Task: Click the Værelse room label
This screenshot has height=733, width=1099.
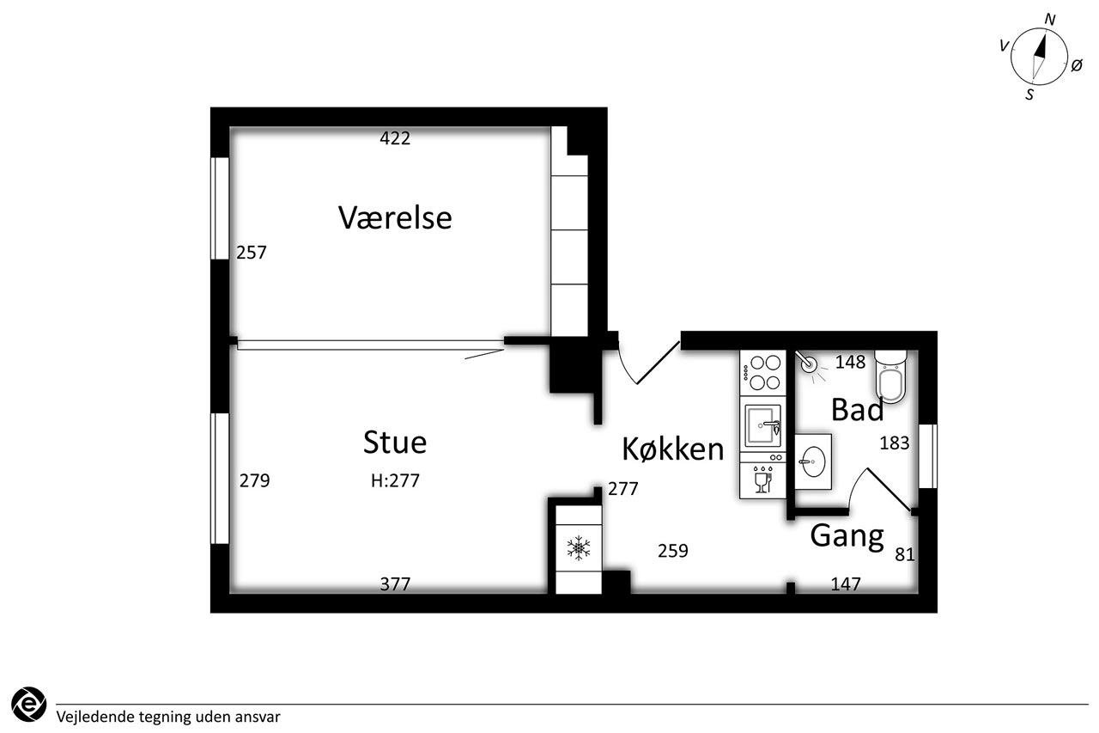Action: click(x=395, y=217)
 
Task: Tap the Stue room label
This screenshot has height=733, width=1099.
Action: click(x=395, y=443)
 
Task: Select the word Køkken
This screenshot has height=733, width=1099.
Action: click(x=673, y=449)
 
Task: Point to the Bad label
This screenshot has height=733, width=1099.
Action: click(x=857, y=411)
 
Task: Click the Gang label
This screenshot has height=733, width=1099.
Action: click(x=847, y=536)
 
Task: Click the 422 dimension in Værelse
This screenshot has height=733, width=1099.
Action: click(x=395, y=138)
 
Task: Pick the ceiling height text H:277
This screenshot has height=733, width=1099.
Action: click(x=395, y=481)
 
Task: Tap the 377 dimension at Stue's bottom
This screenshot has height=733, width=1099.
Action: click(x=395, y=584)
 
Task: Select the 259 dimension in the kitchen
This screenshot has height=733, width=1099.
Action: click(x=673, y=551)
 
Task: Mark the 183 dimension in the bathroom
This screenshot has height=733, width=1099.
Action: click(x=894, y=443)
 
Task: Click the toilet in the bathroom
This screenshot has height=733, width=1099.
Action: click(x=890, y=377)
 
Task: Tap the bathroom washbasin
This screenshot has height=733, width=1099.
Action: click(x=811, y=461)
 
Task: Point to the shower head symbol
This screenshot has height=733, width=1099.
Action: click(x=809, y=364)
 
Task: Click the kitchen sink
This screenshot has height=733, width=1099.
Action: click(x=762, y=424)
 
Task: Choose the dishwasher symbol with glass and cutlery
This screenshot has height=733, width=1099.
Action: click(x=762, y=480)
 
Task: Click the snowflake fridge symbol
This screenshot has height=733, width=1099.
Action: click(x=579, y=548)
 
